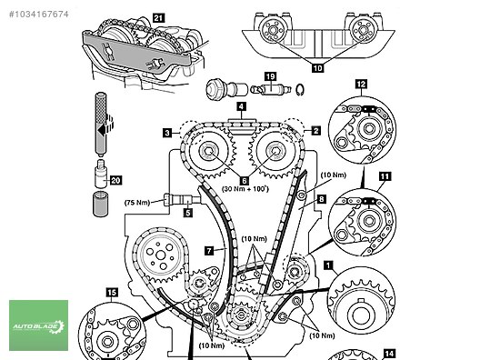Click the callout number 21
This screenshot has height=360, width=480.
coord(158,18)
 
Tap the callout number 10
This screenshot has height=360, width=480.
coord(317,67)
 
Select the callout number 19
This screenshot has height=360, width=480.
coord(270,76)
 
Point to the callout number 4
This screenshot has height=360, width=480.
coord(241,106)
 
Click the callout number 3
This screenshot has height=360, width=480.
coord(167,133)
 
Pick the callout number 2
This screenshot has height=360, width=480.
coord(316,131)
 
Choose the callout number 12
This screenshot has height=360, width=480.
coord(361,85)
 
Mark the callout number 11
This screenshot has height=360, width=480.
coord(385,176)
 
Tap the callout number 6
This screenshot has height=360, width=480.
coord(244,181)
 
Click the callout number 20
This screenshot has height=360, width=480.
coord(115,180)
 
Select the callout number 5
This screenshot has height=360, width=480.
coord(188,213)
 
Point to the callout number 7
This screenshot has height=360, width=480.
coord(209,251)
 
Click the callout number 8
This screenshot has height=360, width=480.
coord(321,199)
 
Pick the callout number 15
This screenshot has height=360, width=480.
coord(112,293)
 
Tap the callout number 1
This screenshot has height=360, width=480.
coord(328,265)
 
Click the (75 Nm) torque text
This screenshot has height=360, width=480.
coord(137,203)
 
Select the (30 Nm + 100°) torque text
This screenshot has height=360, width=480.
coord(245,189)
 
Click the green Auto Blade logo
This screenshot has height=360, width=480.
coord(38,325)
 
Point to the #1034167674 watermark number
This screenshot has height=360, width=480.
coord(38,15)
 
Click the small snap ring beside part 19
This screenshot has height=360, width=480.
coord(300,89)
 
